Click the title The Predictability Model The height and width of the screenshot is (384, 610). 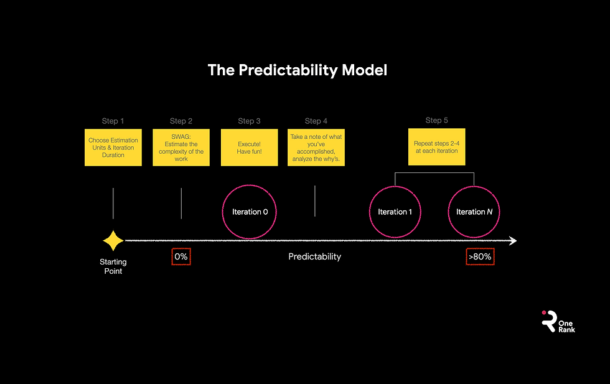pos(297,70)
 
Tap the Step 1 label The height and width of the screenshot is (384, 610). pos(113,121)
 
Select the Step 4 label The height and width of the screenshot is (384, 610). pos(316,121)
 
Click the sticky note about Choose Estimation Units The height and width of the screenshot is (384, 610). pos(113,148)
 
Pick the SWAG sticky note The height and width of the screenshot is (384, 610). pos(181,148)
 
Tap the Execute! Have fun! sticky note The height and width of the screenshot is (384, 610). pos(249,148)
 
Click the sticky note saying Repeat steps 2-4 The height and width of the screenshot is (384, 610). pos(436,147)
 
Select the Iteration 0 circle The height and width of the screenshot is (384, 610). pos(250,212)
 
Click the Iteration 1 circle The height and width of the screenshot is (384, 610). pos(395,212)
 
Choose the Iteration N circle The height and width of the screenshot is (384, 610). pos(474,212)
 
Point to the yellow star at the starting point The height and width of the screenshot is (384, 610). pos(113,241)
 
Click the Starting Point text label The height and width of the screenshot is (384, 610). pos(113,266)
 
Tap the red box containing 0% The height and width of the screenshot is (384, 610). pos(181,256)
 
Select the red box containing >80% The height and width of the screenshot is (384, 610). pos(480,256)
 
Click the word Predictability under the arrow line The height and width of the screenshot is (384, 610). pos(314,256)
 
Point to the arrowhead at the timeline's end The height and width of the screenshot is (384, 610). pos(512,241)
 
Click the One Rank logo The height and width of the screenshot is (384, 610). pos(558,322)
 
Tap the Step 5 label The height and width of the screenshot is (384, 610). pos(436,120)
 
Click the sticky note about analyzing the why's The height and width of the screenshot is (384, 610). pos(316,148)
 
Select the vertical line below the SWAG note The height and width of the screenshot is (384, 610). pos(181,203)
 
